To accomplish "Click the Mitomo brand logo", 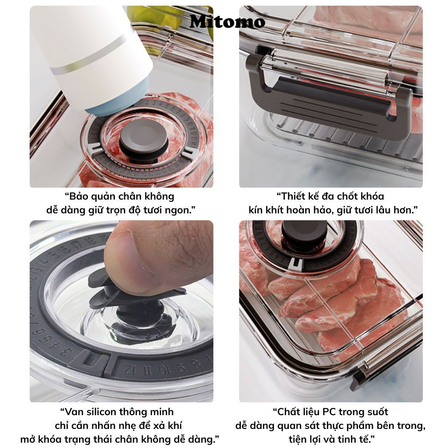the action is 228,21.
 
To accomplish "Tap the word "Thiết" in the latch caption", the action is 295,196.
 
